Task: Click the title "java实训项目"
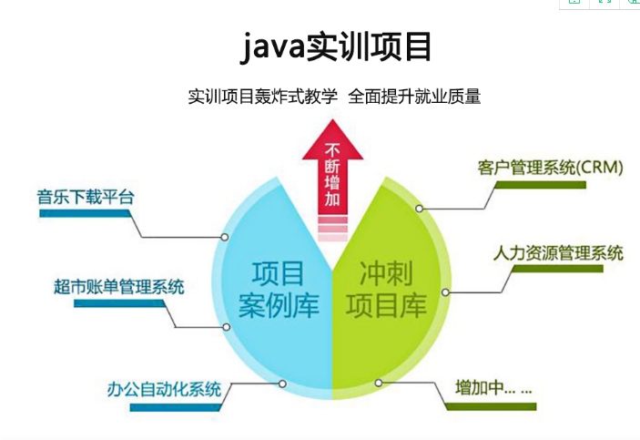tap(336, 46)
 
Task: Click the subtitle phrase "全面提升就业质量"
tap(414, 97)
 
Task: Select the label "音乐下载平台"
tap(86, 197)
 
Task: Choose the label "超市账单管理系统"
tap(118, 287)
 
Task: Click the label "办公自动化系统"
tap(164, 389)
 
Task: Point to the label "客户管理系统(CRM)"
tap(551, 168)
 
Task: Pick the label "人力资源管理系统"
tap(558, 253)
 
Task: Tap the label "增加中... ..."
tap(493, 387)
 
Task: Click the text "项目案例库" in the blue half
tap(279, 290)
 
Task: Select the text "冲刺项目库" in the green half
tap(386, 290)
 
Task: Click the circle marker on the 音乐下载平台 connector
tap(225, 237)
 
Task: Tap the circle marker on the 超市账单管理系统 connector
tap(227, 327)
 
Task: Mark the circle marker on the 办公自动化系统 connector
tap(282, 384)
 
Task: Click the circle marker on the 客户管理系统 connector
tap(419, 209)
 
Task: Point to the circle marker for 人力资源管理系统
tap(446, 292)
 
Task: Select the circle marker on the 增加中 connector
tap(379, 383)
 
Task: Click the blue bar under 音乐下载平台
tap(85, 213)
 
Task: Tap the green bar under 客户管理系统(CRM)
tap(540, 185)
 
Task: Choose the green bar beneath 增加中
tap(490, 406)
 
